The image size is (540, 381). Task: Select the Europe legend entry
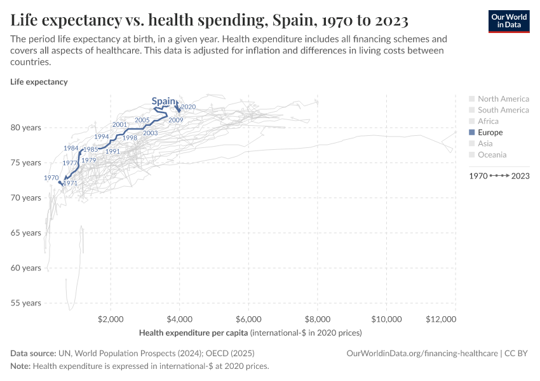coord(490,133)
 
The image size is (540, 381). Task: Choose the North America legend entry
coord(503,99)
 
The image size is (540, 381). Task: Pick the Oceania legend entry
coord(492,155)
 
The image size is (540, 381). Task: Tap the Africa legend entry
coord(488,121)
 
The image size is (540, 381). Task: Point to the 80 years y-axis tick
coord(26,128)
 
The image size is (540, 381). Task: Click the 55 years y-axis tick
coord(26,303)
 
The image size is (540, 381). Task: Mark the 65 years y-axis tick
coord(26,233)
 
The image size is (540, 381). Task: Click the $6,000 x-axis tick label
coord(248,319)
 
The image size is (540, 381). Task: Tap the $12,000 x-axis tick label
coord(441,319)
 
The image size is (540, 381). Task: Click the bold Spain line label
coord(163,101)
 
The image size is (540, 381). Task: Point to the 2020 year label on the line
coord(188,107)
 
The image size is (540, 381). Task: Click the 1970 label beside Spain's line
coord(51,178)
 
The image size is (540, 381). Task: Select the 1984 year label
coord(71,148)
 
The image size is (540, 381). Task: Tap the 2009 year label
coord(176,120)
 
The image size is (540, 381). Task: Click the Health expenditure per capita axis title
coord(194,333)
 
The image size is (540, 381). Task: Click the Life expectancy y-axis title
coord(39,82)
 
